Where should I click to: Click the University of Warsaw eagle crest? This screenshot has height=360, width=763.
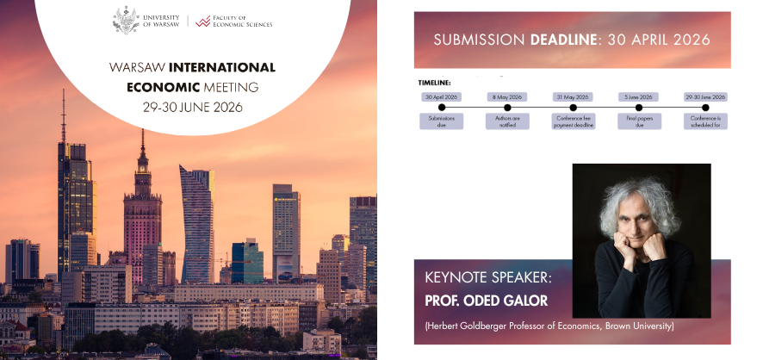point(126,19)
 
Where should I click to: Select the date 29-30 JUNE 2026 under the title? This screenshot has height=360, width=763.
point(193,108)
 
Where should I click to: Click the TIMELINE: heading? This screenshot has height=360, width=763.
point(435,83)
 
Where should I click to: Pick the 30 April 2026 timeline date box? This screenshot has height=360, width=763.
point(442,96)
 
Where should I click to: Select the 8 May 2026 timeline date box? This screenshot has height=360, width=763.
point(507,96)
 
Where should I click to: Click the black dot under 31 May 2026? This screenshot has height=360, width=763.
point(573,108)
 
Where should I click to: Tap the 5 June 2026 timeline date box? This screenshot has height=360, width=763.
point(639,96)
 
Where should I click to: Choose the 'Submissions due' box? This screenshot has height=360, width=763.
point(442,121)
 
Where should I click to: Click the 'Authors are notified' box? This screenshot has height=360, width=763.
point(507,121)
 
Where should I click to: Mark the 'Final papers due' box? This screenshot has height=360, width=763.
point(639,121)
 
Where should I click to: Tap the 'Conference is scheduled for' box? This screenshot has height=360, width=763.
point(705,121)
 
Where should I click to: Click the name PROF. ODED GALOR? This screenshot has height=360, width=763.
point(487,301)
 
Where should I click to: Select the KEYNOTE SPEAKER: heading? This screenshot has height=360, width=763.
point(487,279)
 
